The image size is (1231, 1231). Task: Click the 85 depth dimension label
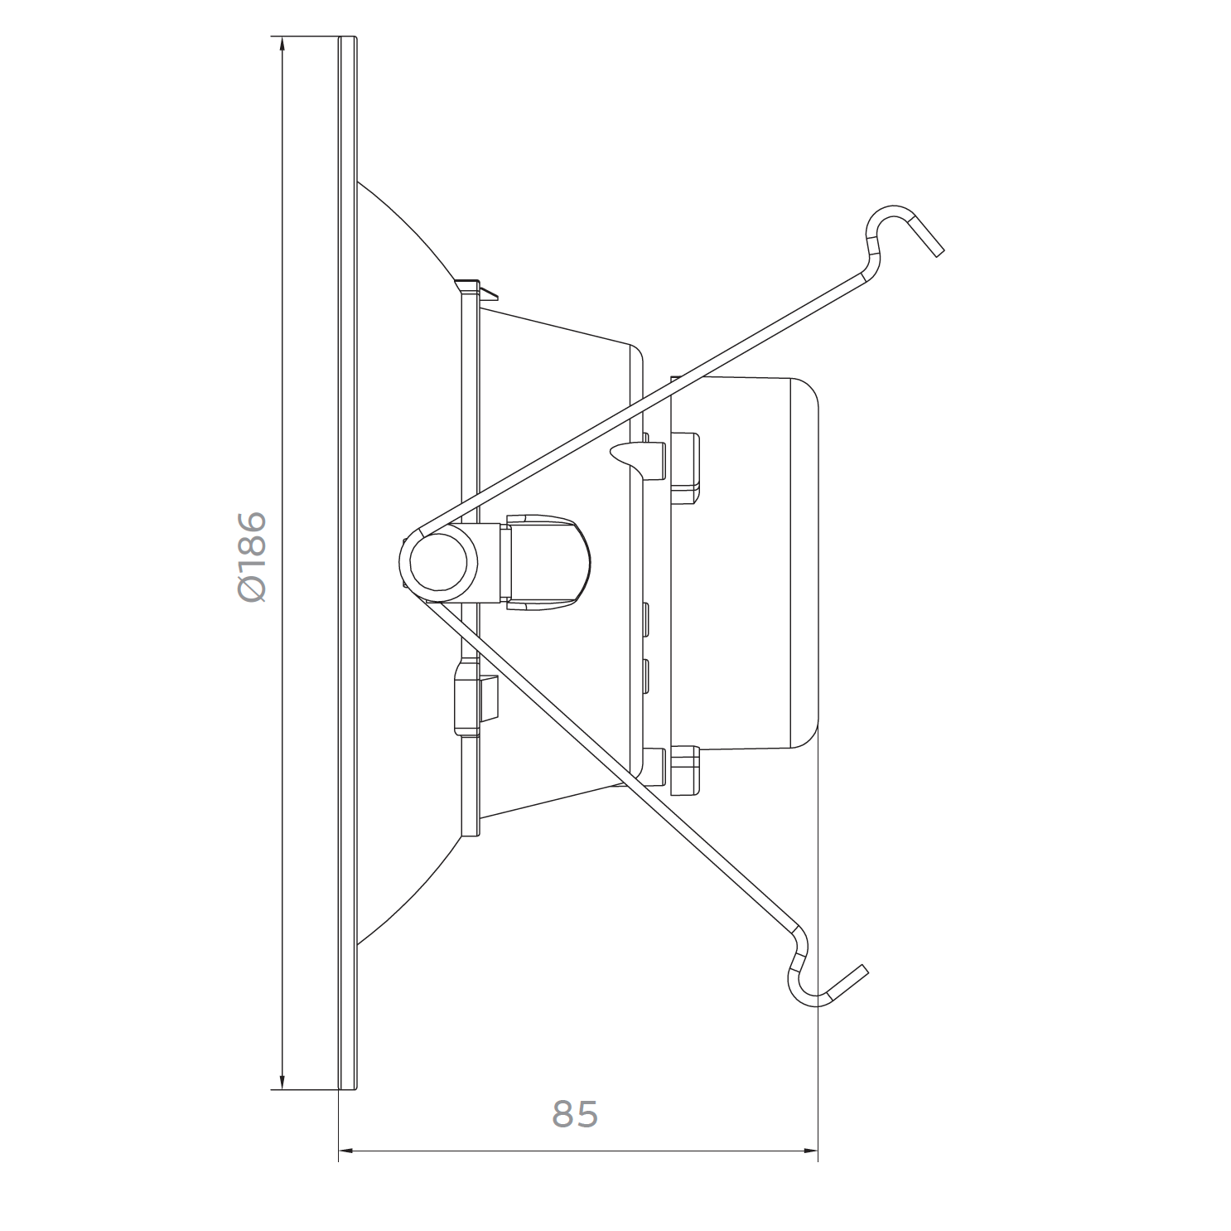point(575,1115)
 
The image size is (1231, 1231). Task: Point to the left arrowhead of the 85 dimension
point(349,1151)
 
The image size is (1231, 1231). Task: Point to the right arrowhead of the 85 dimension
point(808,1151)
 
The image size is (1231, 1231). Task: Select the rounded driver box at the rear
point(743,565)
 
